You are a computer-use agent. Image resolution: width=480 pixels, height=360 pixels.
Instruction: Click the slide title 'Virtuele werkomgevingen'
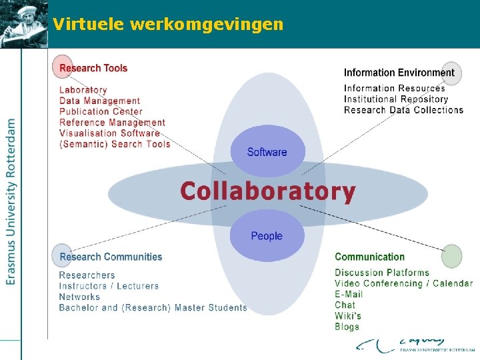coord(168,25)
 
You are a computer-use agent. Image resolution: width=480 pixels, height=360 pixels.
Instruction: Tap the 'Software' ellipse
coord(267,152)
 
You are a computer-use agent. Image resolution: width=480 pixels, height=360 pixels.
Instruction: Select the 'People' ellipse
coord(267,236)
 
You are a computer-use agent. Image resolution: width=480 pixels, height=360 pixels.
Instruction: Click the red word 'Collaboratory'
coord(267,191)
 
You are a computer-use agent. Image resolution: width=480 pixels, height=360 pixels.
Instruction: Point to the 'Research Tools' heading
coord(93,68)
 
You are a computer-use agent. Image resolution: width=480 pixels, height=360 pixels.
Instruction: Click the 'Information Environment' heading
coord(399,73)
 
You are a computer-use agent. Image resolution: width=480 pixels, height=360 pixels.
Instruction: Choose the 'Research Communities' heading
coord(111,257)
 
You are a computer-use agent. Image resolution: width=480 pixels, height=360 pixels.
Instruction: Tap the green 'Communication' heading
coord(369,257)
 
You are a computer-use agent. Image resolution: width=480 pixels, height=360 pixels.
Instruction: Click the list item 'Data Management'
coord(100,101)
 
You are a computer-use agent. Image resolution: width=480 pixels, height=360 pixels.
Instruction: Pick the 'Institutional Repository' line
coord(396,99)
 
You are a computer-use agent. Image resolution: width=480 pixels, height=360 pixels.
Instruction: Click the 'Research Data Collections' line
coord(403,110)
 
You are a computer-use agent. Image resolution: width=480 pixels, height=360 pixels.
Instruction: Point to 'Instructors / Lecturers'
coord(109,286)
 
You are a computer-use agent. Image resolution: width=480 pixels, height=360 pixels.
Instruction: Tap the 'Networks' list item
coord(79,297)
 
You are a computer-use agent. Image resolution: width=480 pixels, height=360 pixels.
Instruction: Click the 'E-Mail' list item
coord(349,294)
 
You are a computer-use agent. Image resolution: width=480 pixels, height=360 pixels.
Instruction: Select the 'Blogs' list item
coord(347,327)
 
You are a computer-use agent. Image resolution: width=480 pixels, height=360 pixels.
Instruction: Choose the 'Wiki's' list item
coord(348,316)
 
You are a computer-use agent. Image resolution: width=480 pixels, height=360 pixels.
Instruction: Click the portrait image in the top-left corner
coord(24,24)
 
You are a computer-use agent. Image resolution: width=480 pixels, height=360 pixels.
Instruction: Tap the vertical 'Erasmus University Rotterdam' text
coord(11,202)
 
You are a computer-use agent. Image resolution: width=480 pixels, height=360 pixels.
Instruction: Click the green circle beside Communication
coord(451,256)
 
